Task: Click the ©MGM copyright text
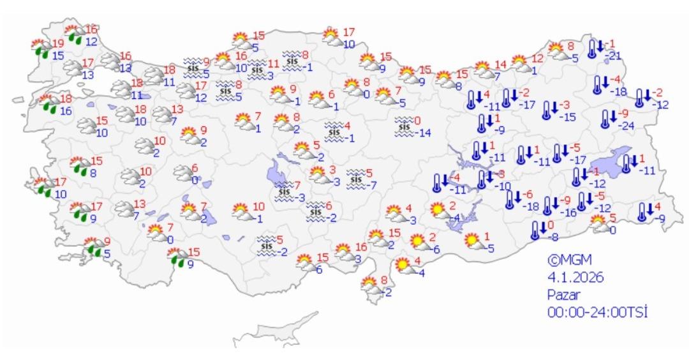tap(570, 260)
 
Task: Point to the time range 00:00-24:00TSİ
tap(598, 311)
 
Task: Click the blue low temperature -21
tap(614, 56)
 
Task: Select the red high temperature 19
tap(58, 43)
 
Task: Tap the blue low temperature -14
tap(425, 133)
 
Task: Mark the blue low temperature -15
tap(567, 116)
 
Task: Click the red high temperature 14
tap(500, 64)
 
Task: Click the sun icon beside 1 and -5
tap(473, 241)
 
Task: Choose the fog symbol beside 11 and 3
tap(257, 68)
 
